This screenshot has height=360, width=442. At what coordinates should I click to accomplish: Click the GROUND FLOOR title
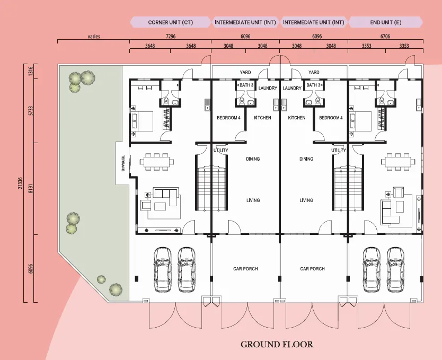point(277,344)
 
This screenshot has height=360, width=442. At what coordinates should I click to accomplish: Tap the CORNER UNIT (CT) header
point(171,22)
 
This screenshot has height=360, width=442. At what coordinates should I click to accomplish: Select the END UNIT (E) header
point(386,22)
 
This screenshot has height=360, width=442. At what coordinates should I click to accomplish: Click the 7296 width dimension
point(171,37)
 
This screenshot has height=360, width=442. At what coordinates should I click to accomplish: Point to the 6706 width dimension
point(385,37)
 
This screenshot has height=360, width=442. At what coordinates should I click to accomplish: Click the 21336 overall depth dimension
point(20,183)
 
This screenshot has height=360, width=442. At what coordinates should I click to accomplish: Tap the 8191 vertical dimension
point(31,189)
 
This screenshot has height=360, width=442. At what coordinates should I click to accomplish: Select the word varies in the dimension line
point(94,37)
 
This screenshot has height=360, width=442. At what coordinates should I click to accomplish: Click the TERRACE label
point(123,163)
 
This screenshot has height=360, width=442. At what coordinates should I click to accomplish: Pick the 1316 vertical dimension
point(31,71)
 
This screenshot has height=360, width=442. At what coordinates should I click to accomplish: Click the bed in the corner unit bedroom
point(142,121)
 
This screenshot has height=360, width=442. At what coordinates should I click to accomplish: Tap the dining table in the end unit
point(398,162)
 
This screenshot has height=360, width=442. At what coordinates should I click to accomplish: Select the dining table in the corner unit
point(156,162)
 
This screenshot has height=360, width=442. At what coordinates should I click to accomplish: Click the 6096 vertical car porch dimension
point(31,268)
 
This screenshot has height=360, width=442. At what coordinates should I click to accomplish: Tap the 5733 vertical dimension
point(31,110)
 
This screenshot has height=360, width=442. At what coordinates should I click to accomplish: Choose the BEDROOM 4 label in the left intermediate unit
point(228,118)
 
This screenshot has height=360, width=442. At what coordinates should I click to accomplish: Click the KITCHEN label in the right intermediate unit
point(297,118)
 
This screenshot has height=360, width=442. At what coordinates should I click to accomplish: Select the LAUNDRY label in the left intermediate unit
point(268,88)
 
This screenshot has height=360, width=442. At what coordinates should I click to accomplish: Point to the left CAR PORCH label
point(245,269)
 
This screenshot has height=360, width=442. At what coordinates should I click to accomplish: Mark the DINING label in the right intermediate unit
point(306,159)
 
